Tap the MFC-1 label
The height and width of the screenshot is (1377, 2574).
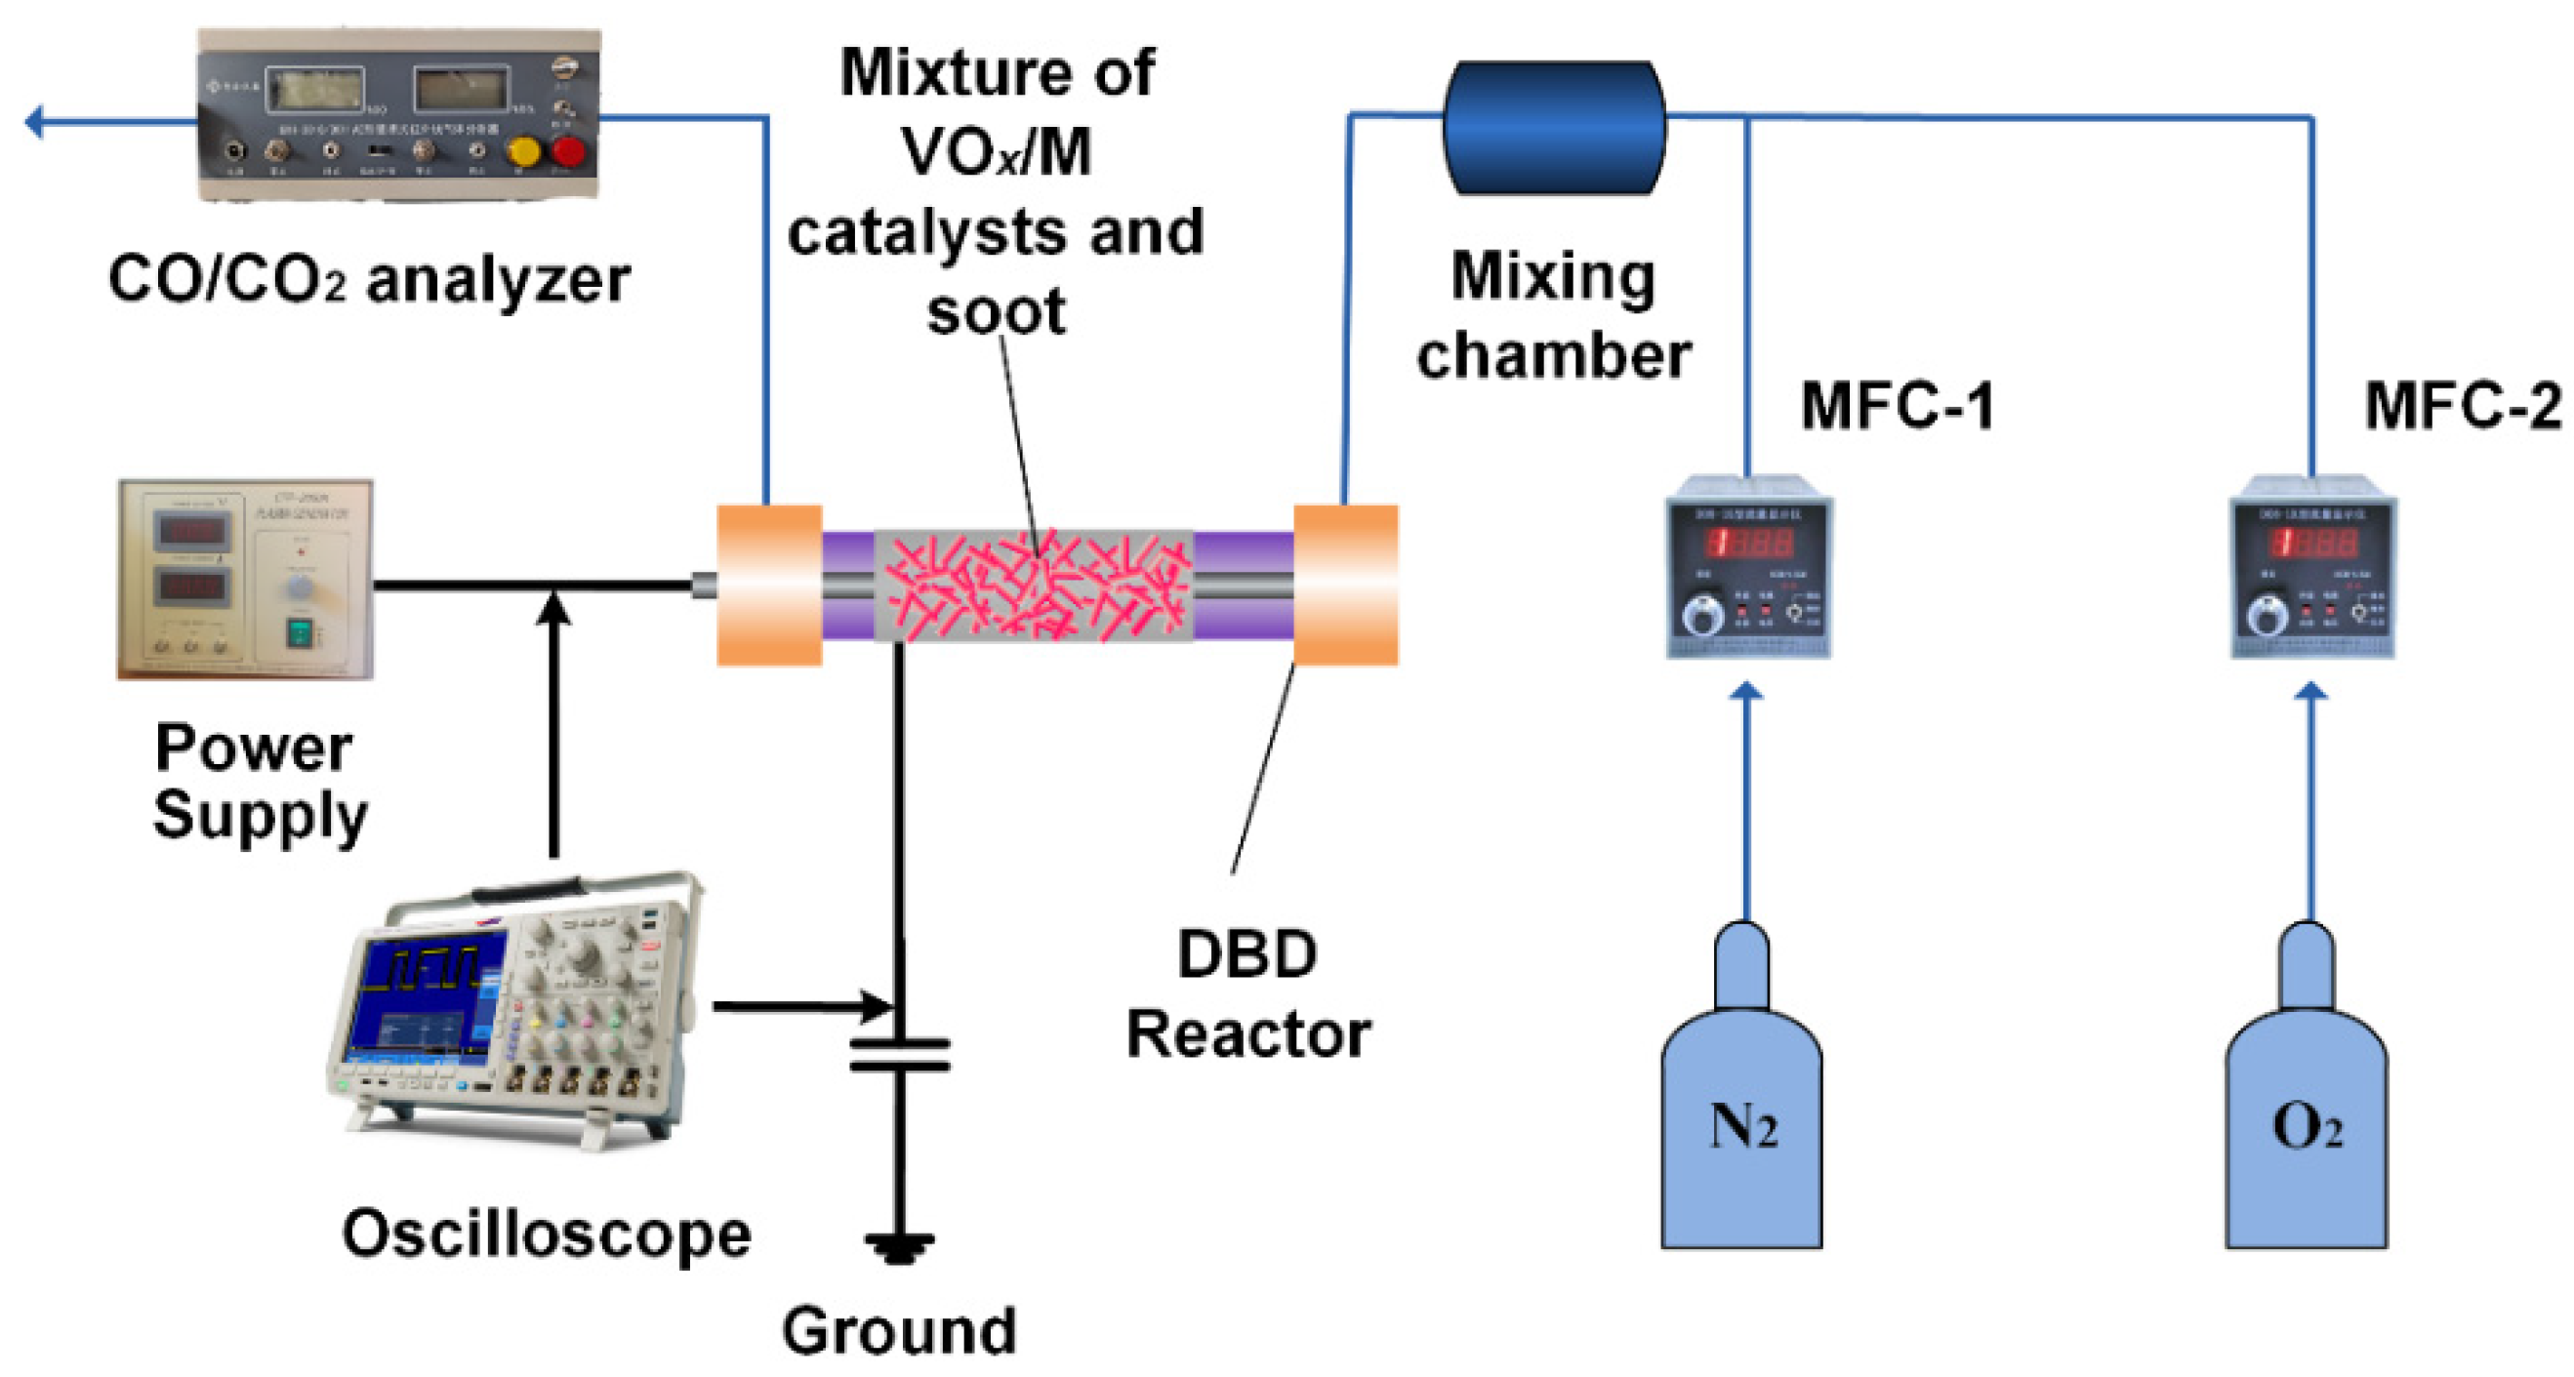pos(1896,407)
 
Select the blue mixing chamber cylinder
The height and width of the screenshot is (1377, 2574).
pos(1554,127)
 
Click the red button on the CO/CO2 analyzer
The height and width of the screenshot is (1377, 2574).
pos(568,152)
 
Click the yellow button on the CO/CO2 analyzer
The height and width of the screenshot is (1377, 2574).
pos(523,152)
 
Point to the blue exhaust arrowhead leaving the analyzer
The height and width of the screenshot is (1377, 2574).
pos(35,122)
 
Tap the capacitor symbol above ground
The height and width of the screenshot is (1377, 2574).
pos(899,1055)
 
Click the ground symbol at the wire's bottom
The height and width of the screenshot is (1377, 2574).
pos(899,1247)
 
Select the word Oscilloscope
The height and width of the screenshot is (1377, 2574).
pos(546,1235)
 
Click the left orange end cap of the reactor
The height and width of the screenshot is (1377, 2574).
pos(768,585)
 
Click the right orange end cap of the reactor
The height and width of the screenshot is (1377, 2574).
pos(1345,585)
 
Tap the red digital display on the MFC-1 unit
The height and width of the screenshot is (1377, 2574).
pos(1748,543)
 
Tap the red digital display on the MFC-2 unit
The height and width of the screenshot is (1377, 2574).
pos(2313,543)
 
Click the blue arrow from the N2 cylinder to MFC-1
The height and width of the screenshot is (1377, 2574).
pos(1745,799)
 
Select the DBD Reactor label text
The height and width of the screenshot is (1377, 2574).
pos(1247,994)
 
